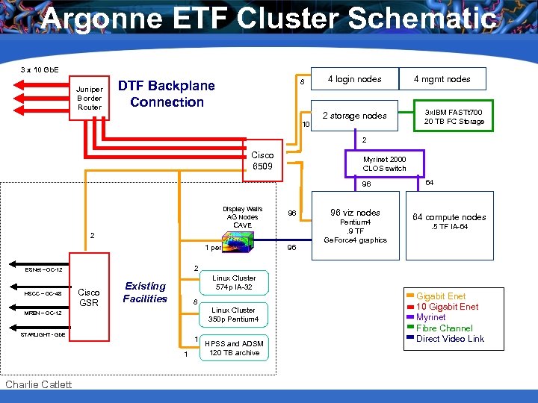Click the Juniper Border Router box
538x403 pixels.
(90, 98)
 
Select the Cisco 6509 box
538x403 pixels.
(262, 161)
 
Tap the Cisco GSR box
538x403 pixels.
(89, 297)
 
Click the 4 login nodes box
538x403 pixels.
(354, 79)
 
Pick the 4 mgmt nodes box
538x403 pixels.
(443, 79)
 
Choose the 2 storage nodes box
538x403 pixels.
(354, 116)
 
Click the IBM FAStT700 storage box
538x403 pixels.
(454, 116)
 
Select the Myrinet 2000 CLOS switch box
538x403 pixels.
(384, 163)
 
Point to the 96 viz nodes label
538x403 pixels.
(355, 213)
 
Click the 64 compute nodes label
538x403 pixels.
(449, 217)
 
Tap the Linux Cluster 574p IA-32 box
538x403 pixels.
(233, 283)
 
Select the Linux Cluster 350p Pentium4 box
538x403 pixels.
(233, 315)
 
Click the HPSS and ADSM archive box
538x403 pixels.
(233, 349)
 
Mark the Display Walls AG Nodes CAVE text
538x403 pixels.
(242, 217)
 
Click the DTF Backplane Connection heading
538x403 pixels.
(167, 94)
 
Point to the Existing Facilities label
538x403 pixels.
(145, 293)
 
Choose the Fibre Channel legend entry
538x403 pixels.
(444, 328)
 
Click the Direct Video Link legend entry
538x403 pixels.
(450, 339)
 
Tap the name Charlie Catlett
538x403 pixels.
(38, 384)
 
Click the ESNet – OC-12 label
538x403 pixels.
(43, 269)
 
